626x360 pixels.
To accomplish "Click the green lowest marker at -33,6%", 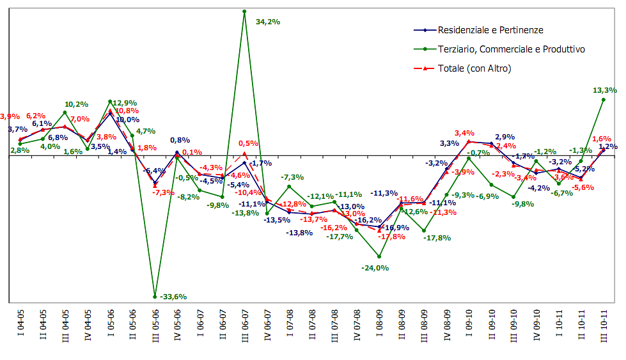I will [155, 297].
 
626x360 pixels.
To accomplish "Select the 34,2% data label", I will [268, 22].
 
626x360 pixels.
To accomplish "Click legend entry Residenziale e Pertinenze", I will [490, 30].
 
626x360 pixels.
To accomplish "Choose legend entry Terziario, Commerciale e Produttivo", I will [511, 49].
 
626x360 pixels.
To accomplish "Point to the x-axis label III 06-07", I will [245, 326].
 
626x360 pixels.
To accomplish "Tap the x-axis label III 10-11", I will [604, 325].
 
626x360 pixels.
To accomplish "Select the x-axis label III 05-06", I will [155, 326].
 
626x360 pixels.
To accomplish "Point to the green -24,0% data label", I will [375, 268].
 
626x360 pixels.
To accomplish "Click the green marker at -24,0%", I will [379, 256].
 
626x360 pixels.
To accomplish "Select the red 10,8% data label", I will [127, 111].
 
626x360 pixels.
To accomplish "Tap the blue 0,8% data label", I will [179, 140].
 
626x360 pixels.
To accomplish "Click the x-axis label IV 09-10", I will [536, 325].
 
